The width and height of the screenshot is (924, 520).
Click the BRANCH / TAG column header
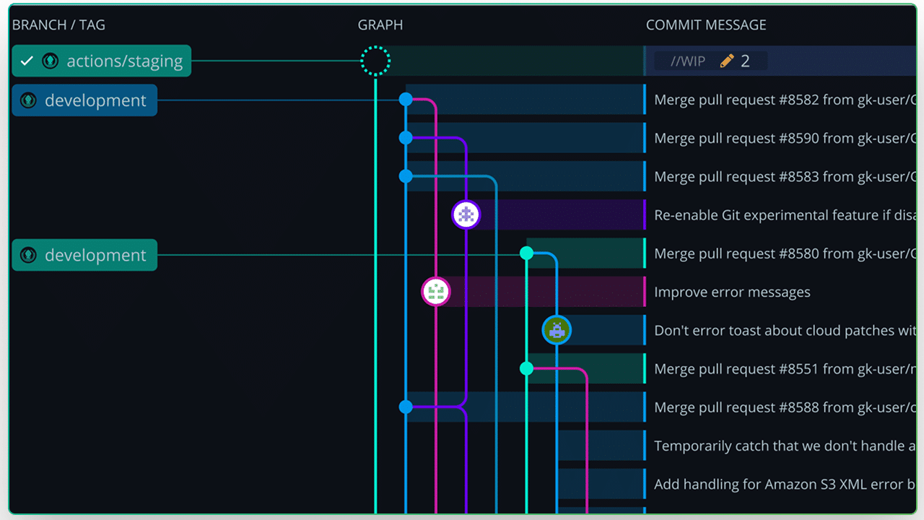pos(58,25)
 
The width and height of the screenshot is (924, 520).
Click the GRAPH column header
pos(380,25)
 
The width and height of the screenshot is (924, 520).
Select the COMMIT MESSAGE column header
pos(706,25)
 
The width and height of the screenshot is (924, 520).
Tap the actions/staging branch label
pos(124,61)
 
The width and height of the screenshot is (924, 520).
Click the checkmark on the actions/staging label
pos(27,61)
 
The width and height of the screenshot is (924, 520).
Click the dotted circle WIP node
pos(375,61)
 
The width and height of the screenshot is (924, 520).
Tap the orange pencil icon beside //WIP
pos(727,61)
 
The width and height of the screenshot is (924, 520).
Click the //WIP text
pos(687,61)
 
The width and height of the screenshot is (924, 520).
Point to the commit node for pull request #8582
pos(406,100)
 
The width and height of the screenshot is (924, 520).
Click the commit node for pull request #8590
pos(406,137)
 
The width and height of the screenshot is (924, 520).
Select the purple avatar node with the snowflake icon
pos(466,214)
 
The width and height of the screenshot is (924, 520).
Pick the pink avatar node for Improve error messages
pos(435,292)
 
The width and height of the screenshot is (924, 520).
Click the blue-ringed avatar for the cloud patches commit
pos(557,330)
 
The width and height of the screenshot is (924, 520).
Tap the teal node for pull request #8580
pos(526,253)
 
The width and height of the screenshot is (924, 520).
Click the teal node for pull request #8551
pos(526,368)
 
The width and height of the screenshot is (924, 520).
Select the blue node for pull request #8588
pos(406,407)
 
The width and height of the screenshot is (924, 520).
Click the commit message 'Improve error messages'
pos(732,292)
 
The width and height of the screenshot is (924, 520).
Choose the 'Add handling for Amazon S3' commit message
pos(784,485)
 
